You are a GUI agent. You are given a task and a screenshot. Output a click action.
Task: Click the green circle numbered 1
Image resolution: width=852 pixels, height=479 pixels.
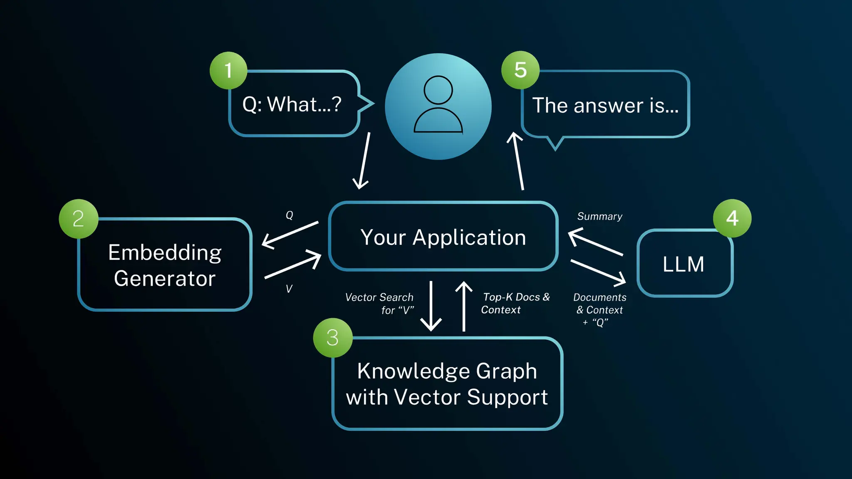tap(228, 70)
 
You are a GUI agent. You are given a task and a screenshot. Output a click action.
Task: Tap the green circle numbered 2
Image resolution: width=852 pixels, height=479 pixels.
tap(79, 219)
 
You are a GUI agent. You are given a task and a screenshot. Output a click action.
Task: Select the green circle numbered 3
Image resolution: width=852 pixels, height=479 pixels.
tap(332, 337)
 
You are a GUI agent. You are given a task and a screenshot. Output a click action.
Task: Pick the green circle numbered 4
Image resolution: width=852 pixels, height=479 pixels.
tap(732, 218)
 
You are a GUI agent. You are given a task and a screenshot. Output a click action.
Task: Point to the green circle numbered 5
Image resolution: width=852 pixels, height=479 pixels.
tap(520, 70)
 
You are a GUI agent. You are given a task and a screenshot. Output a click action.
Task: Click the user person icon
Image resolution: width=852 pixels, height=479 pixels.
tap(438, 106)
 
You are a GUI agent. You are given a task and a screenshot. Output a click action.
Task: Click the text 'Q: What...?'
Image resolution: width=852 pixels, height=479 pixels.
tap(292, 104)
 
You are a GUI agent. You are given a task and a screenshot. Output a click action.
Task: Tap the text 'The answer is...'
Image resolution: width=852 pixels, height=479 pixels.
tap(605, 105)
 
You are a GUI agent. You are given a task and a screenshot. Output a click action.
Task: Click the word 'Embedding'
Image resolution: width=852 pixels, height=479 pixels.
tap(165, 252)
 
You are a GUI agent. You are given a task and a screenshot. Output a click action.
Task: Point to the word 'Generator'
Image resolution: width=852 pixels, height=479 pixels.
tap(165, 278)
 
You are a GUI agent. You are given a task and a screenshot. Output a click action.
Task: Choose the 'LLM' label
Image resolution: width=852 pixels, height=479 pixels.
tap(683, 264)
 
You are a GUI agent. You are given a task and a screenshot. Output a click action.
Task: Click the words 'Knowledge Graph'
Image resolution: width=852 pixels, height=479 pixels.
tap(447, 370)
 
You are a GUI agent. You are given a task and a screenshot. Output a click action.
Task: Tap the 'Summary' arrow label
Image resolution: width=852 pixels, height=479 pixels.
tap(599, 216)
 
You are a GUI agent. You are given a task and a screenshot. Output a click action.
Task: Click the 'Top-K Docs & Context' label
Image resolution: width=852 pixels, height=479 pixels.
tap(515, 303)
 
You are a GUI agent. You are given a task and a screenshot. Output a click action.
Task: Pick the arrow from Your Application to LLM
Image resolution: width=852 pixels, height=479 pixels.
tap(598, 272)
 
